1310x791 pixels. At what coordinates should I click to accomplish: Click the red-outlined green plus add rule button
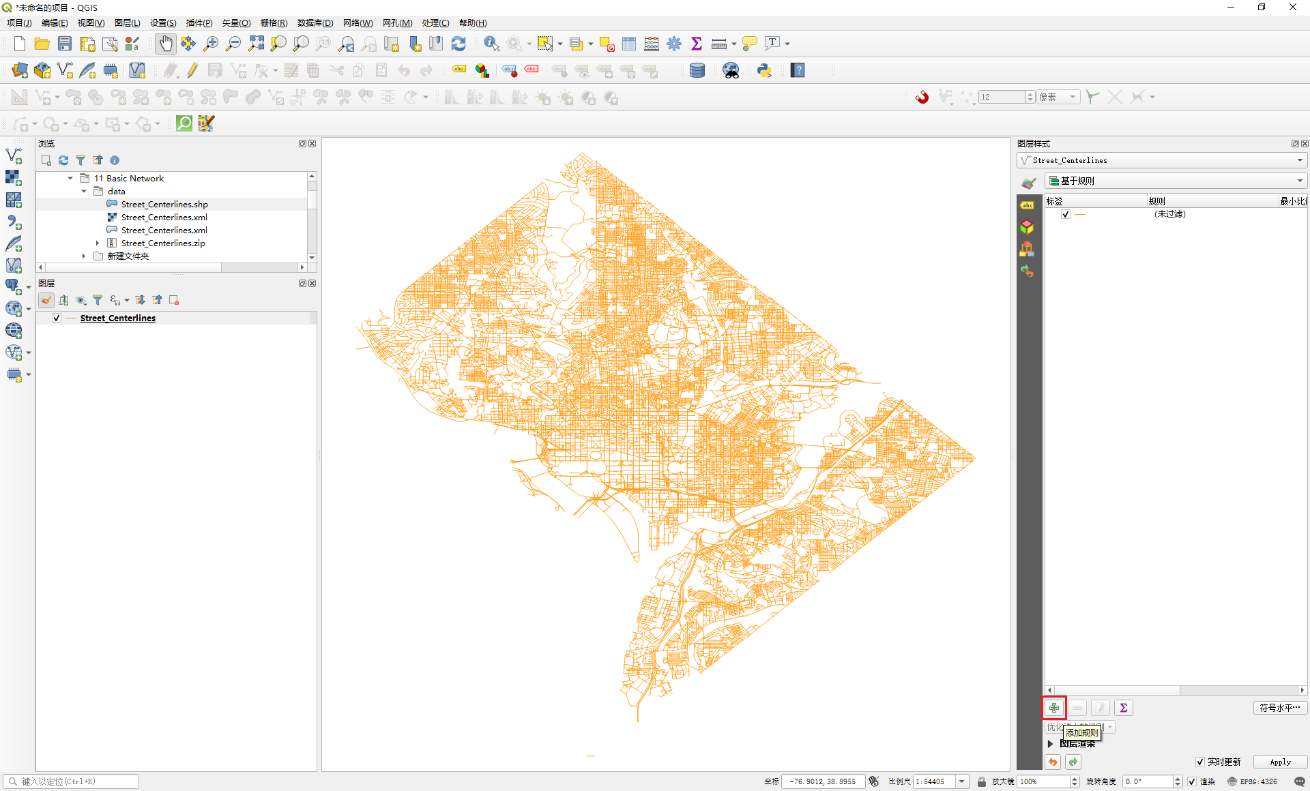click(1054, 708)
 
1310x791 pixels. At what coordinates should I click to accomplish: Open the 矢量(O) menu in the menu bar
click(236, 23)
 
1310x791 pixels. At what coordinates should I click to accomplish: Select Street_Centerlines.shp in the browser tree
click(164, 205)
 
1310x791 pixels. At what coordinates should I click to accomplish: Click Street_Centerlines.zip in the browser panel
click(162, 243)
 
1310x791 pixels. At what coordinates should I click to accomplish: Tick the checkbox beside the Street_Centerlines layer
click(57, 318)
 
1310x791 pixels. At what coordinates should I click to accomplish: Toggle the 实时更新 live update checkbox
click(1199, 762)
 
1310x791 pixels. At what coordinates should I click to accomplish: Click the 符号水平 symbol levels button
click(1279, 708)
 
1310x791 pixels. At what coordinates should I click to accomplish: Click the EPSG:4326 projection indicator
click(1252, 781)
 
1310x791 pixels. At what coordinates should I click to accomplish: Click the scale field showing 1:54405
click(934, 781)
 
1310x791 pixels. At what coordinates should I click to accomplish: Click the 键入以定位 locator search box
click(75, 781)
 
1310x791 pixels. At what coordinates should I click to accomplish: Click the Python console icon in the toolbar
click(764, 70)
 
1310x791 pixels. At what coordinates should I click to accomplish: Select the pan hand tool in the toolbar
click(166, 44)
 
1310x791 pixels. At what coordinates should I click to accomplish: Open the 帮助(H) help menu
click(472, 23)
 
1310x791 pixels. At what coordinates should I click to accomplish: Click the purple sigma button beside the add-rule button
click(1123, 708)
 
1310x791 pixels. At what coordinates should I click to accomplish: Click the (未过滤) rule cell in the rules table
click(1169, 214)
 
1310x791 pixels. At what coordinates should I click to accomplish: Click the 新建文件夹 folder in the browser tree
click(128, 256)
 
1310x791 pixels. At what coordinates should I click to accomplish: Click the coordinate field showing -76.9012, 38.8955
click(822, 781)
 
